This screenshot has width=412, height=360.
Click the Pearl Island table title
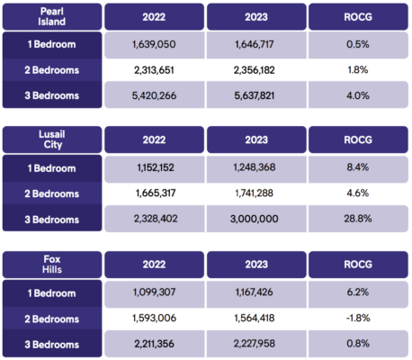coord(52,16)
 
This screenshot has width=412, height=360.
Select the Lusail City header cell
coord(52,139)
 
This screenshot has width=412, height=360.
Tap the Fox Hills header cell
coord(52,265)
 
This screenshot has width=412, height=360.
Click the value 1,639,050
coord(154,44)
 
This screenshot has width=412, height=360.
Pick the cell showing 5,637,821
coord(255,95)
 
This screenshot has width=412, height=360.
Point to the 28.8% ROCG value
coord(358,219)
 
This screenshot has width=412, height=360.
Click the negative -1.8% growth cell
coord(358,318)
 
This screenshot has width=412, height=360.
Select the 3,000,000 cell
coord(255,219)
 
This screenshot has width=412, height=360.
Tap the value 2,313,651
coord(154,70)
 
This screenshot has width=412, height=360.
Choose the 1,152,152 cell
coord(156,167)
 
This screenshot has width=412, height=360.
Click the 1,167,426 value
coord(255,292)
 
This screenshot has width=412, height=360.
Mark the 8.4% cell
coord(358,167)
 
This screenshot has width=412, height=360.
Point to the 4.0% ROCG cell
coord(358,95)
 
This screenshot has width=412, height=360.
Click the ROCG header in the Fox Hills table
coord(358,265)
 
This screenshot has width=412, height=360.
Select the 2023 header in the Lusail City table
coord(256,139)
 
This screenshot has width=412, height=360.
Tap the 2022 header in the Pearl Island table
coord(154,16)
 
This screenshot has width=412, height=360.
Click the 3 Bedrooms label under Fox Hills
coord(52,345)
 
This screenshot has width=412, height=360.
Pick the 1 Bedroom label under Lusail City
coord(52,168)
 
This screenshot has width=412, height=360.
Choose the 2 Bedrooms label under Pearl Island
coord(52,70)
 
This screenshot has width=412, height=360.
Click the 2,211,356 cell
coord(154,344)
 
